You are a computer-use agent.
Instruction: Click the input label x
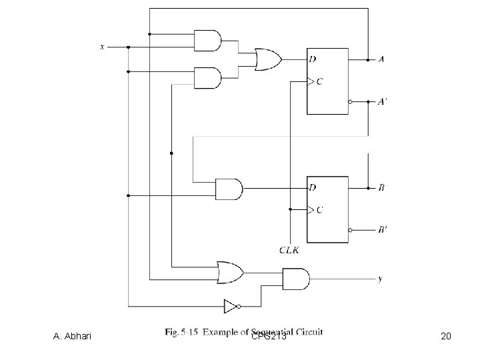(x=102, y=47)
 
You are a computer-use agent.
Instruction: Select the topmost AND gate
(x=207, y=41)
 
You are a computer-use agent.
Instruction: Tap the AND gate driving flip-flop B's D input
(x=229, y=189)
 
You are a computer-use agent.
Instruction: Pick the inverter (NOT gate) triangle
(x=230, y=307)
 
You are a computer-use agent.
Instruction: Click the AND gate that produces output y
(x=295, y=279)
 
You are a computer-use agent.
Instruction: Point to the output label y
(x=380, y=279)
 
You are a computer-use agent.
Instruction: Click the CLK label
(x=289, y=251)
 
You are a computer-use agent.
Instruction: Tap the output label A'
(x=381, y=102)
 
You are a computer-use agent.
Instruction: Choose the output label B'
(x=381, y=231)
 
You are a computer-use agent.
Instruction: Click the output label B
(x=381, y=188)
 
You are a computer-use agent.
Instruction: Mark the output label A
(x=381, y=59)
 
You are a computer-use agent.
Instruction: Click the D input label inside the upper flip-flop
(x=313, y=59)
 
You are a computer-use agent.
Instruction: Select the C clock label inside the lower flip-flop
(x=319, y=210)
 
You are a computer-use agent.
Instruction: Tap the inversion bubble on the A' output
(x=350, y=102)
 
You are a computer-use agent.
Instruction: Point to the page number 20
(x=446, y=337)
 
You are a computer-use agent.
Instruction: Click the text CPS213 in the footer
(x=269, y=337)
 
